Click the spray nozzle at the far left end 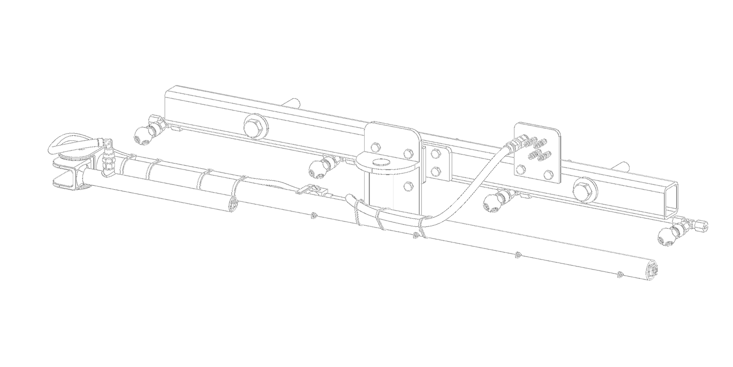pyautogui.click(x=143, y=135)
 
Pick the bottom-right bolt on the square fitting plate pyautogui.click(x=548, y=174)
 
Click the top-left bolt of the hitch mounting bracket pyautogui.click(x=375, y=147)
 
